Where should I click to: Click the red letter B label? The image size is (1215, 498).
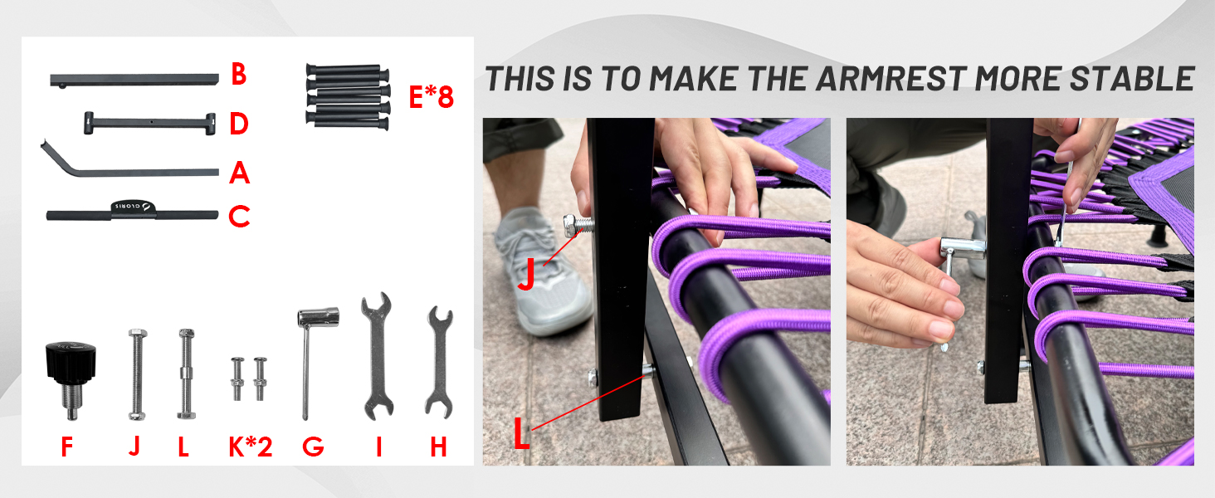(x=238, y=75)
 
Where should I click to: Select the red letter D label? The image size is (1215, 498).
(x=239, y=124)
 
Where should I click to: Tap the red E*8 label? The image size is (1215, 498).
(x=431, y=98)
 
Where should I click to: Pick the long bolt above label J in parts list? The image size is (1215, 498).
(x=135, y=373)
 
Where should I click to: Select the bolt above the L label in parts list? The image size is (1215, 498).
(x=184, y=373)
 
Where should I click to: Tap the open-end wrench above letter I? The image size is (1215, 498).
(x=377, y=353)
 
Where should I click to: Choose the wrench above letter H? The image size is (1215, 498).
(x=438, y=361)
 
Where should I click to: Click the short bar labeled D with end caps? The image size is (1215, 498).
(x=149, y=124)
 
